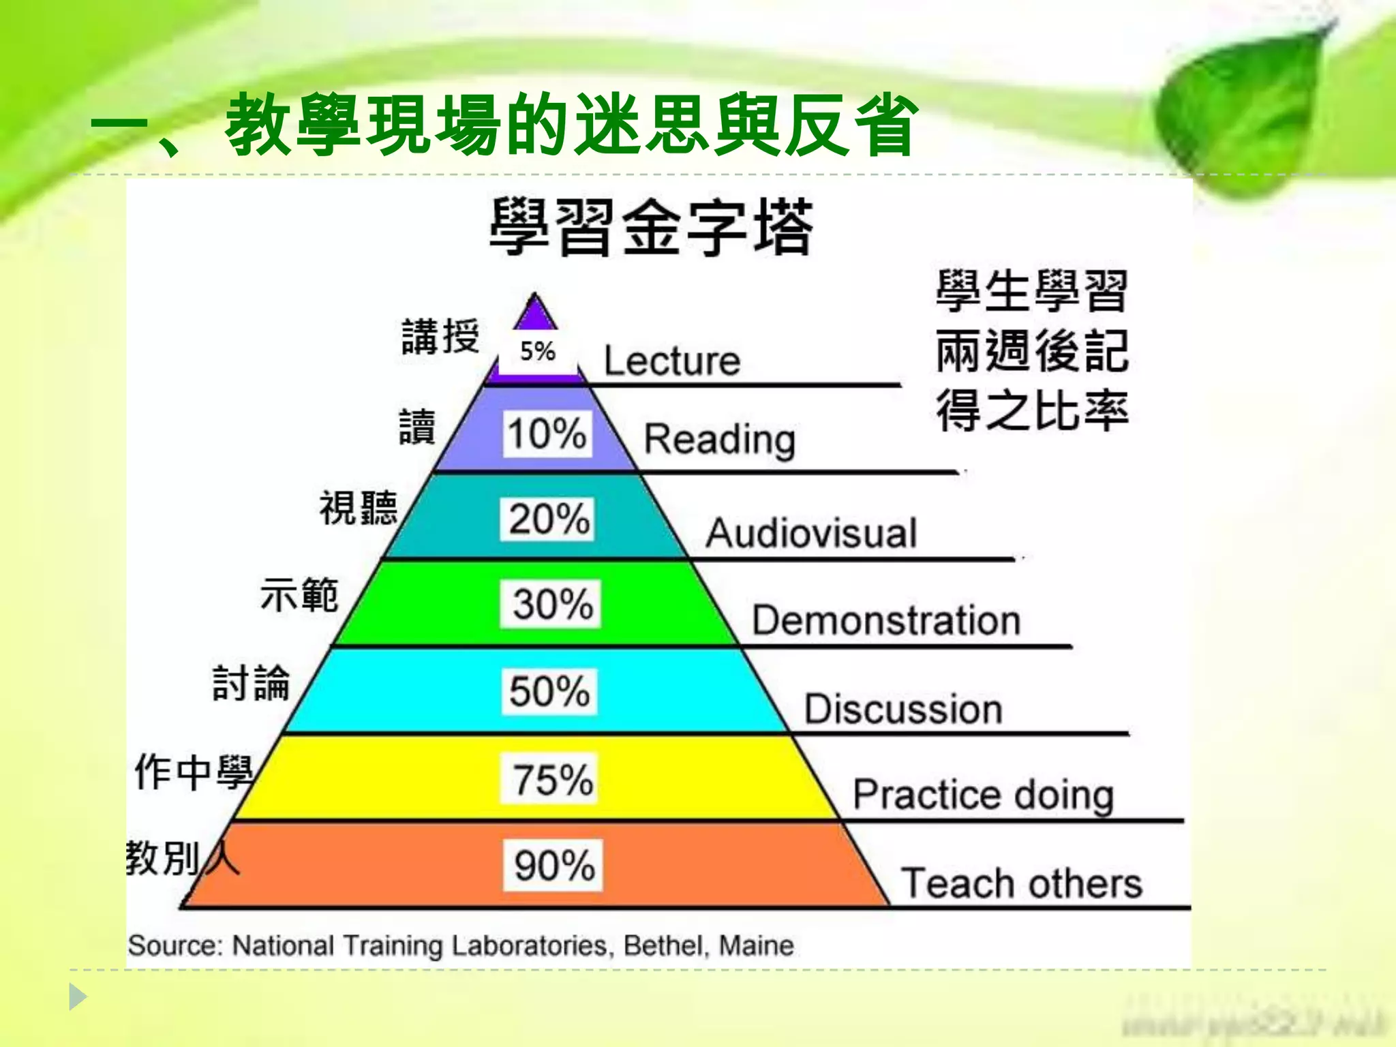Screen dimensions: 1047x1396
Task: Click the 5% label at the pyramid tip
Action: [x=538, y=352]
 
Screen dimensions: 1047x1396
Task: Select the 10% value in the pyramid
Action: [x=547, y=434]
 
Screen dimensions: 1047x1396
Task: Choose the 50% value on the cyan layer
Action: [x=549, y=691]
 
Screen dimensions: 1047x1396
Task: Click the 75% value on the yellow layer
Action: [x=552, y=779]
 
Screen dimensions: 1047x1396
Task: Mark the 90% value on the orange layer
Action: [x=553, y=866]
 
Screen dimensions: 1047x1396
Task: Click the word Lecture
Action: [x=671, y=361]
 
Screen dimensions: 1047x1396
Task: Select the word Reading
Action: [x=720, y=440]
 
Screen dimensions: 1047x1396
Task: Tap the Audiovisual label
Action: [x=811, y=533]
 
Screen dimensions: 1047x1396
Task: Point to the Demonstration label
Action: [x=886, y=620]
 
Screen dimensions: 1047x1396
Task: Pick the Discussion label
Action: [x=903, y=709]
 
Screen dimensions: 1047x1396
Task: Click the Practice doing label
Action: [x=984, y=795]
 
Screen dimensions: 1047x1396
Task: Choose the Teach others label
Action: [x=1021, y=883]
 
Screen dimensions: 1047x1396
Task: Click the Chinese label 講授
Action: [x=440, y=337]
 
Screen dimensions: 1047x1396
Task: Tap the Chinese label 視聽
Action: [x=359, y=508]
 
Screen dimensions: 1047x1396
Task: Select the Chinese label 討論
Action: [x=251, y=683]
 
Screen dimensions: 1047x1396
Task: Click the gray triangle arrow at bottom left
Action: [x=78, y=997]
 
